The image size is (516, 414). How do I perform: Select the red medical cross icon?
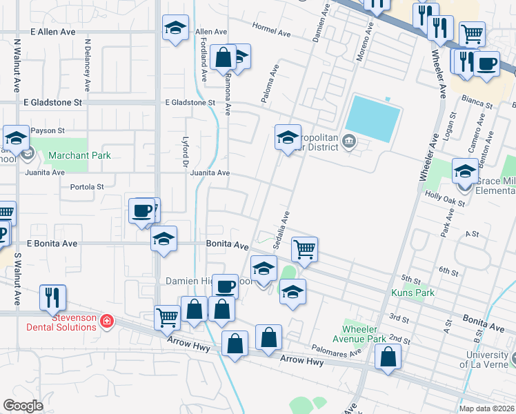(x=106, y=321)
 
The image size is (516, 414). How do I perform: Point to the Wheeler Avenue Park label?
(x=376, y=335)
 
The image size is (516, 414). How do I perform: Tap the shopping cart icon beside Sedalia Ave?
(x=304, y=249)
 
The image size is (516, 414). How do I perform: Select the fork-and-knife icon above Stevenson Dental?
(x=52, y=297)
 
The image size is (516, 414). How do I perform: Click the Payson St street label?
(x=49, y=130)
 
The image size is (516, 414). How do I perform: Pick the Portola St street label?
(x=87, y=186)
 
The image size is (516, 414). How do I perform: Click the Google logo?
(x=23, y=406)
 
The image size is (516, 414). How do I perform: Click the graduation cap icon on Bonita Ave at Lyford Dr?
(x=163, y=239)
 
